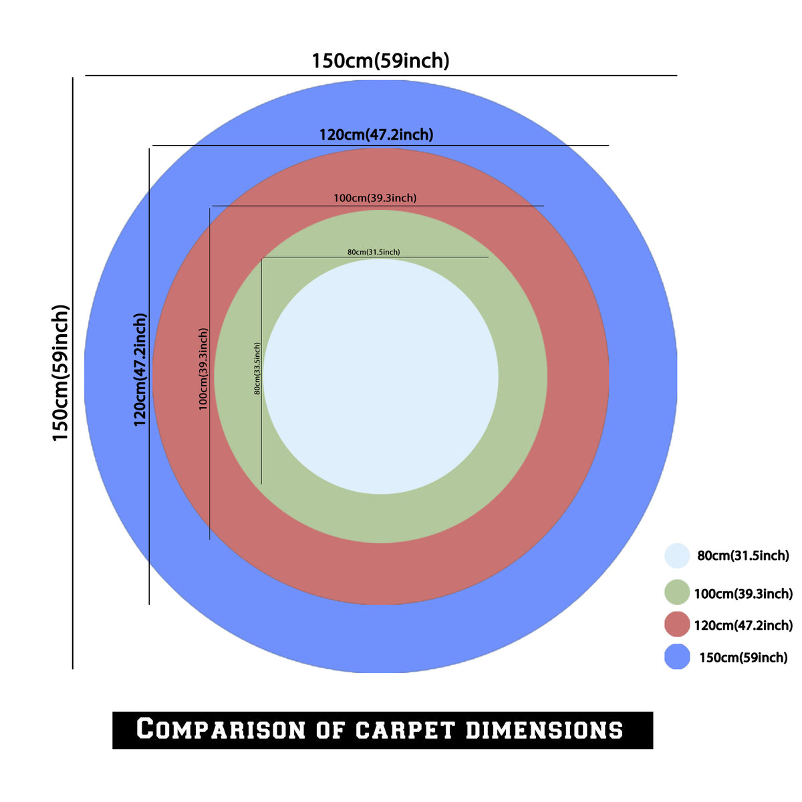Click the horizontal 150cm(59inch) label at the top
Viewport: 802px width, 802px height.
pyautogui.click(x=380, y=61)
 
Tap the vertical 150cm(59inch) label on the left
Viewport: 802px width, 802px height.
pyautogui.click(x=60, y=373)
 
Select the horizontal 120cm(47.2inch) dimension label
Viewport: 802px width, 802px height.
pyautogui.click(x=376, y=135)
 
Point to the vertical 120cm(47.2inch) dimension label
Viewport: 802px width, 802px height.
pyautogui.click(x=140, y=370)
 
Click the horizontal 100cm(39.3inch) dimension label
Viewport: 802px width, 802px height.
pyautogui.click(x=374, y=198)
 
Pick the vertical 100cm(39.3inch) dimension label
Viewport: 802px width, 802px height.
pyautogui.click(x=203, y=369)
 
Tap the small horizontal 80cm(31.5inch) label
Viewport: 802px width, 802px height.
pyautogui.click(x=374, y=252)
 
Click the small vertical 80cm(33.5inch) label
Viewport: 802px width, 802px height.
pyautogui.click(x=257, y=369)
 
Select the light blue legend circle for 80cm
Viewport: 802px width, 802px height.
pyautogui.click(x=677, y=555)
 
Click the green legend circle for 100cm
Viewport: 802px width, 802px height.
pyautogui.click(x=677, y=592)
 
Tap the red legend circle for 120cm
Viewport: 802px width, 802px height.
pyautogui.click(x=677, y=624)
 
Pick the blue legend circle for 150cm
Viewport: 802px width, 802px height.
pyautogui.click(x=677, y=657)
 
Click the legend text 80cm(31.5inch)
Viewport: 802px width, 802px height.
pyautogui.click(x=743, y=555)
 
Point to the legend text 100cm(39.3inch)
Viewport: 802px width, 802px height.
pyautogui.click(x=743, y=593)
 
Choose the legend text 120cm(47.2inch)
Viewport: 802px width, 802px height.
pyautogui.click(x=743, y=625)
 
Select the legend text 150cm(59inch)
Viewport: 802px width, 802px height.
pyautogui.click(x=743, y=658)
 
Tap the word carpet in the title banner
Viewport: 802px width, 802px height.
pyautogui.click(x=404, y=730)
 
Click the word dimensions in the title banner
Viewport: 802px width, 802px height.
pyautogui.click(x=544, y=730)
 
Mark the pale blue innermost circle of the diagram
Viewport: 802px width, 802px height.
pyautogui.click(x=381, y=377)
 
